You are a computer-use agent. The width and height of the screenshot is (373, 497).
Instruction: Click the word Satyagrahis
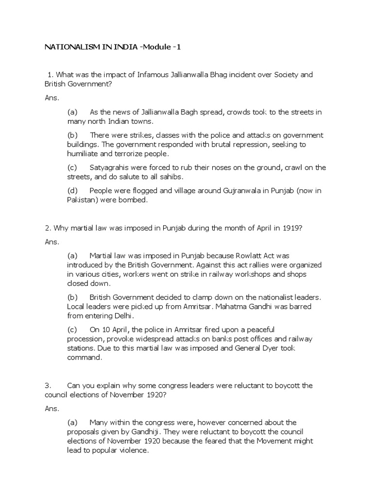111,167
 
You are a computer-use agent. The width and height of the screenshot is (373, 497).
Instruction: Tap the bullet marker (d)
72,191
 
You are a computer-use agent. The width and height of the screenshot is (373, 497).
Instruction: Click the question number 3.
48,385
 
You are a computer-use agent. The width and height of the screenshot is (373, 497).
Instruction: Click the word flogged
139,191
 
